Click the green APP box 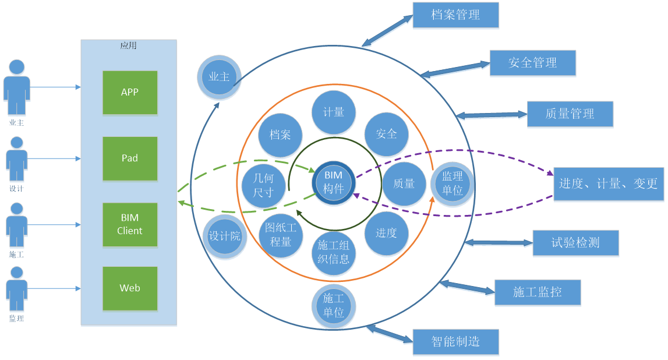click(x=130, y=92)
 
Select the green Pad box click(x=130, y=158)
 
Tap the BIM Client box click(x=130, y=224)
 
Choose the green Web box click(x=130, y=288)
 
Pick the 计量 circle click(x=334, y=112)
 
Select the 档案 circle click(x=280, y=135)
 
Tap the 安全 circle click(x=387, y=134)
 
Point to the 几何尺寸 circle click(x=264, y=185)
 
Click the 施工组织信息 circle click(x=334, y=252)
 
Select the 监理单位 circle click(x=453, y=183)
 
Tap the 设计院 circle click(x=224, y=238)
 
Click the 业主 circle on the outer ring click(x=219, y=77)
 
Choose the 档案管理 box click(x=455, y=15)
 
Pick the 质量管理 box click(x=570, y=114)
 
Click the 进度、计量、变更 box click(x=608, y=184)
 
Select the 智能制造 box click(x=455, y=342)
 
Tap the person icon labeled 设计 click(x=16, y=160)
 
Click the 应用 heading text click(x=128, y=45)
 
